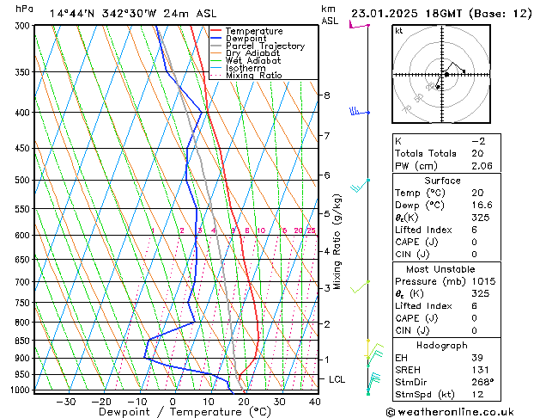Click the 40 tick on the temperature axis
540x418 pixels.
tap(315, 402)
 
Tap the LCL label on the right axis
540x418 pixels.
tap(337, 379)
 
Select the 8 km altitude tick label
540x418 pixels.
tap(327, 95)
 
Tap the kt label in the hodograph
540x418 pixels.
tap(398, 31)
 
